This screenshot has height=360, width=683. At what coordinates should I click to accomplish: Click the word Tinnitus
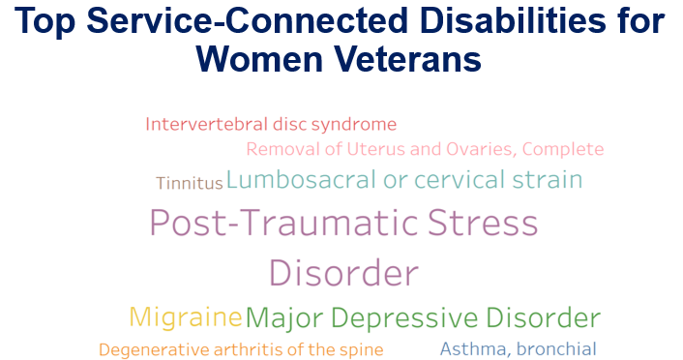(x=190, y=183)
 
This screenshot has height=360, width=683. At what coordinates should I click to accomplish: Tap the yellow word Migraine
(x=185, y=317)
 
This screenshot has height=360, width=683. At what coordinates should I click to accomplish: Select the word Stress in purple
(x=483, y=224)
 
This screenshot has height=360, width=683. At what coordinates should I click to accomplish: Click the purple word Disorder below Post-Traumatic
(x=343, y=273)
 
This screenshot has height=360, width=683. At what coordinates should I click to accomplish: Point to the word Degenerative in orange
(x=147, y=349)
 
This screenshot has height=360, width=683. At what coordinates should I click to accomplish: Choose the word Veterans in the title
(x=407, y=59)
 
